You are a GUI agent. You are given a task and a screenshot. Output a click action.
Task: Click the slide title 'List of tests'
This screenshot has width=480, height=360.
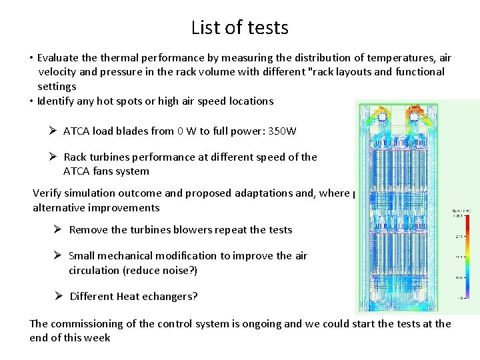tap(239, 27)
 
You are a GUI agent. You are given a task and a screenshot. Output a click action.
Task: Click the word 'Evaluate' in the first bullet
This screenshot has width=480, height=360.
tap(59, 57)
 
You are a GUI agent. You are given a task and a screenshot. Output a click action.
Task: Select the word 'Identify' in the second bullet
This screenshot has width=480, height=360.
tap(57, 101)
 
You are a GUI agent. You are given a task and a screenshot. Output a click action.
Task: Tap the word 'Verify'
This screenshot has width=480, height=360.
tap(47, 193)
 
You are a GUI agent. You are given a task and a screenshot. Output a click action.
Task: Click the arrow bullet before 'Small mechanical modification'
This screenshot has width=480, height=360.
tap(58, 255)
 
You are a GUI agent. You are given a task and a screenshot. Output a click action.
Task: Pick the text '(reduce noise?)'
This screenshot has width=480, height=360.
tap(164, 270)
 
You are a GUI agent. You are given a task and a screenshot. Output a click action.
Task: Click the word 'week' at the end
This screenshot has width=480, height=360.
tap(97, 338)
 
